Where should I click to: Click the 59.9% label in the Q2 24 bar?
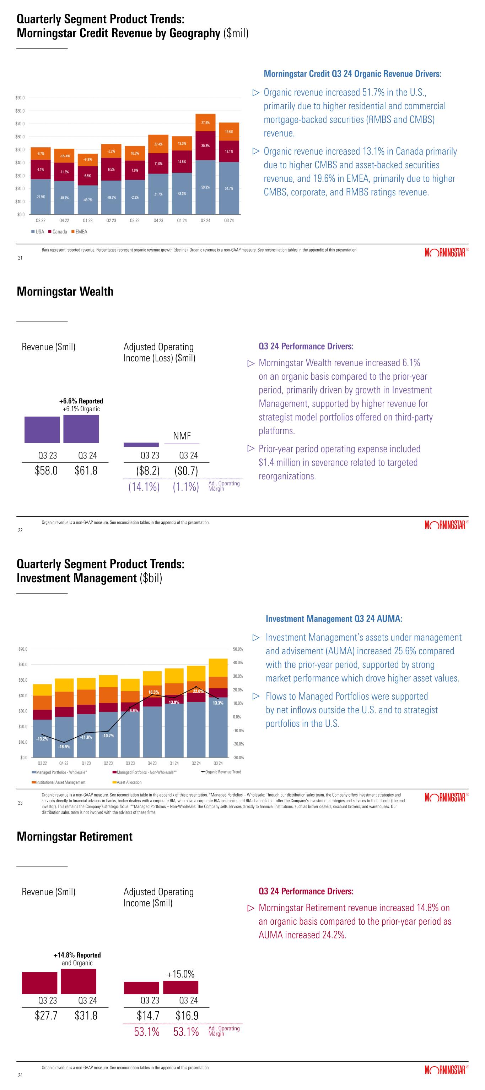pyautogui.click(x=205, y=187)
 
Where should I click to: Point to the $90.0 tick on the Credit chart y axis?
pyautogui.click(x=20, y=98)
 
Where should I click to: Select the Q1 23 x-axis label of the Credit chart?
pyautogui.click(x=88, y=220)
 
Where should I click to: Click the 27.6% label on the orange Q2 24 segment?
pyautogui.click(x=205, y=122)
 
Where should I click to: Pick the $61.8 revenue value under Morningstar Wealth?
pyautogui.click(x=86, y=470)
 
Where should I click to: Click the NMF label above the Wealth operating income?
pyautogui.click(x=182, y=436)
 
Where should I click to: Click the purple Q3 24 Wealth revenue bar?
pyautogui.click(x=81, y=429)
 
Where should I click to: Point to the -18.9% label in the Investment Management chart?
pyautogui.click(x=64, y=747)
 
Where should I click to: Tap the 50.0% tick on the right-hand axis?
pyautogui.click(x=238, y=649)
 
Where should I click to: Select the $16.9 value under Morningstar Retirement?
pyautogui.click(x=187, y=1015)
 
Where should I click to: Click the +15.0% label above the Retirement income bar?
pyautogui.click(x=180, y=974)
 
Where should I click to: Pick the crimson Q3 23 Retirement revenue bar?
pyautogui.click(x=39, y=983)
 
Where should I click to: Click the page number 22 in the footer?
pyautogui.click(x=20, y=530)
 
